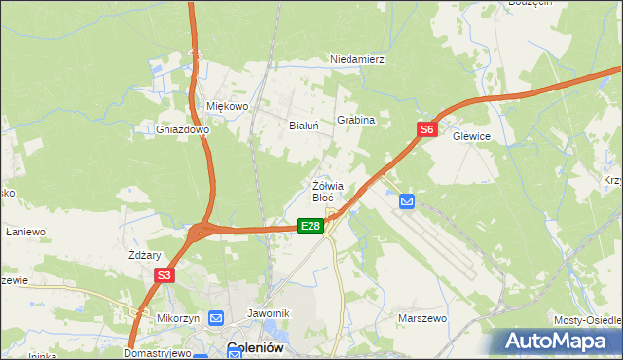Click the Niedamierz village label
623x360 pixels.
pyautogui.click(x=358, y=59)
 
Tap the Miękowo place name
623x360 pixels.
pyautogui.click(x=229, y=106)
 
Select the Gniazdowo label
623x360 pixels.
pyautogui.click(x=183, y=128)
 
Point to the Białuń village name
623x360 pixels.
pyautogui.click(x=305, y=125)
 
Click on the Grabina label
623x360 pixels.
pyautogui.click(x=356, y=120)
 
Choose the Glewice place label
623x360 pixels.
pyautogui.click(x=471, y=137)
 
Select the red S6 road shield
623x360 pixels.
pyautogui.click(x=426, y=128)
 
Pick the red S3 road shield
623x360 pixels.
pyautogui.click(x=164, y=276)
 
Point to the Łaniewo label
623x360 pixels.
pyautogui.click(x=26, y=232)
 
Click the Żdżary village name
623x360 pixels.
pyautogui.click(x=144, y=255)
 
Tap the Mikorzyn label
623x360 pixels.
pyautogui.click(x=178, y=318)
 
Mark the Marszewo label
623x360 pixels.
pyautogui.click(x=421, y=317)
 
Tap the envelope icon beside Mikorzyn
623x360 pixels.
pyautogui.click(x=216, y=318)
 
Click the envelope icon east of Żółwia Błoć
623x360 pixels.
pyautogui.click(x=407, y=201)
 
